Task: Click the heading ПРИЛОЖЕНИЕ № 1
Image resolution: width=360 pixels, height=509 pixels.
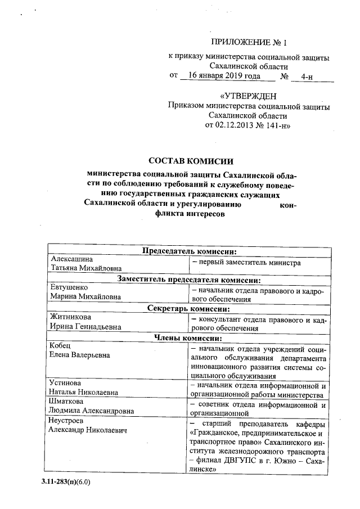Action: pos(248,42)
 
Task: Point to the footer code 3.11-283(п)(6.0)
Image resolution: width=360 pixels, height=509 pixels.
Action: pos(65,482)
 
